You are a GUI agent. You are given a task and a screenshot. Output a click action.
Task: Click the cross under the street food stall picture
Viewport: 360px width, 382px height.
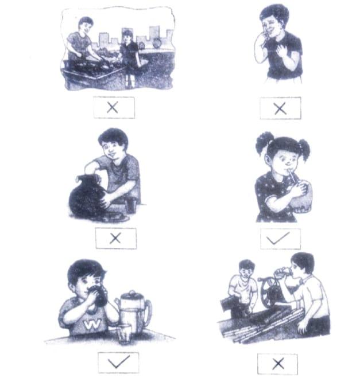113,107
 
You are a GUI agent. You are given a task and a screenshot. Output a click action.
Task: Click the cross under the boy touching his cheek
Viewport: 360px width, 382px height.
280,108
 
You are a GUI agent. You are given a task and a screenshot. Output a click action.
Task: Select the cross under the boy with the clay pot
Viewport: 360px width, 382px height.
115,238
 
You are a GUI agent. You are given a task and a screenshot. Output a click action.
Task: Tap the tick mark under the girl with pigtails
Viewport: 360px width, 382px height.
278,238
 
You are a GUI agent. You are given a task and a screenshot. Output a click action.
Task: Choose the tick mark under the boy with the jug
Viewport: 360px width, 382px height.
119,362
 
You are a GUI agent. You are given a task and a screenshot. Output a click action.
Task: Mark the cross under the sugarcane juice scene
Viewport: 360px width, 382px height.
278,364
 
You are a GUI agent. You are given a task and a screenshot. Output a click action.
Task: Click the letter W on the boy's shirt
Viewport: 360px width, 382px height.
92,324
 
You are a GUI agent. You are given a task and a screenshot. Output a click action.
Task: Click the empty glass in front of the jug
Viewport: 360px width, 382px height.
125,335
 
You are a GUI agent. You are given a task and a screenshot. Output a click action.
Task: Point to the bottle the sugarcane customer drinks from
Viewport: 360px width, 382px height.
283,272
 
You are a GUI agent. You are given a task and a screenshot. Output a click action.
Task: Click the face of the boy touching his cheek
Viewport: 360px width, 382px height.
272,25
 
